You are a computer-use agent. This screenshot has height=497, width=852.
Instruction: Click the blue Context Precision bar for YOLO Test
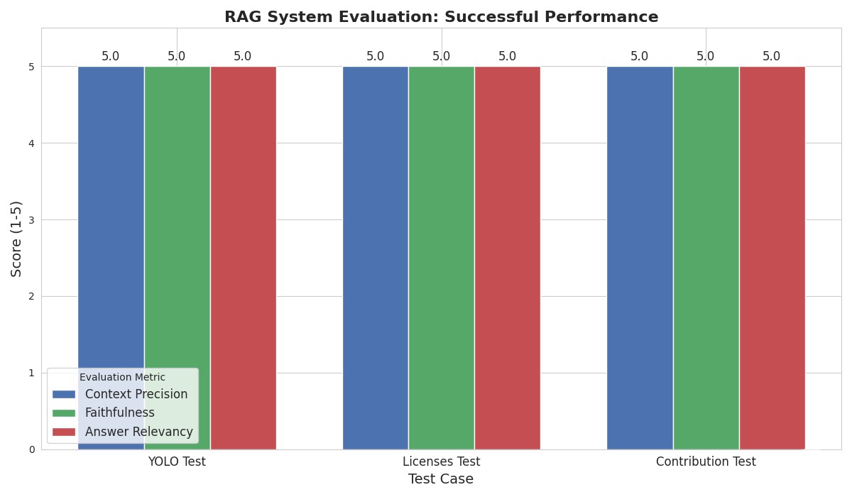(x=111, y=213)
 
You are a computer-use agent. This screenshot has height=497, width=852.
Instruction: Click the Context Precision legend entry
(x=136, y=394)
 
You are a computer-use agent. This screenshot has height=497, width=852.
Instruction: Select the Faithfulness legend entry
(x=119, y=413)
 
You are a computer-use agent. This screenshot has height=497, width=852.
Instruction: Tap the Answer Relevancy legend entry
(x=138, y=432)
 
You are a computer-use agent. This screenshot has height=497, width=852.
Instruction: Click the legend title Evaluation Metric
(x=122, y=378)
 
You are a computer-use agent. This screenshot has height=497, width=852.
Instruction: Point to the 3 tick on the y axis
(x=31, y=220)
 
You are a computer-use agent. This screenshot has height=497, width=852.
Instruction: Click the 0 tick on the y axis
(x=31, y=449)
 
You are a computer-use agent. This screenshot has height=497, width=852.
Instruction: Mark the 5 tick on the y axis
(x=31, y=67)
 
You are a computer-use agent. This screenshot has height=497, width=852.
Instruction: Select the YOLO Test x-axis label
(x=177, y=461)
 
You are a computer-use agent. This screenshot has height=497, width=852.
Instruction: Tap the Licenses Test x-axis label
(x=441, y=461)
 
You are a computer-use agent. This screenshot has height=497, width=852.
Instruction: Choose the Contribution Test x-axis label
(x=706, y=461)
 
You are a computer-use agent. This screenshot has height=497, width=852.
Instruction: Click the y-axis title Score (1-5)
(x=16, y=239)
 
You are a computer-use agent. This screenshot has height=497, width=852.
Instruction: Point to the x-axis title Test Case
(x=441, y=479)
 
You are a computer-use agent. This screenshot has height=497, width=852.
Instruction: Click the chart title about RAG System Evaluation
(x=441, y=17)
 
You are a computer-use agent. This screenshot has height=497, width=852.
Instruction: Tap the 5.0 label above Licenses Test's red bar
(x=507, y=57)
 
